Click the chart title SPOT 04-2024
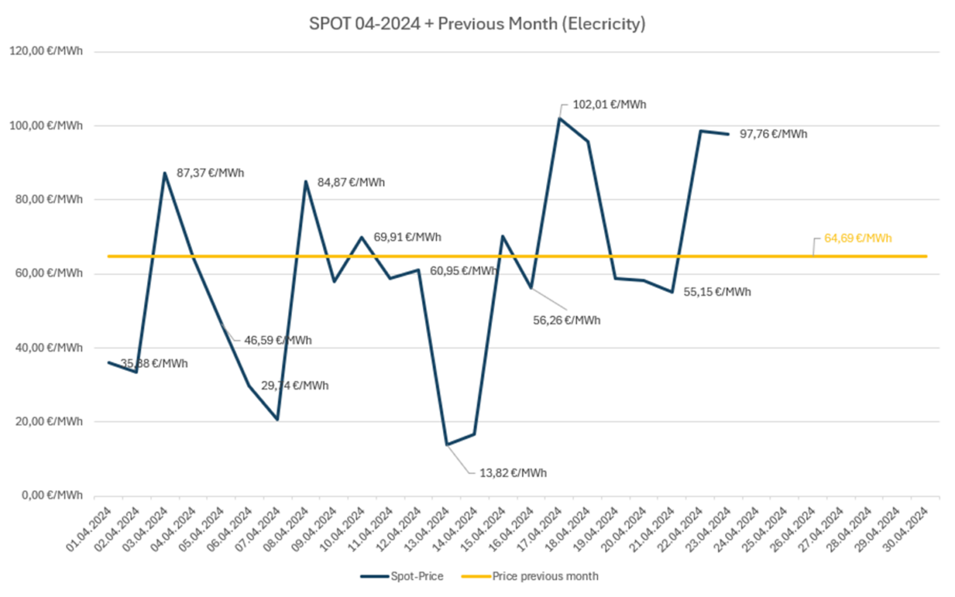(477, 24)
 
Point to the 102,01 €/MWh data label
(609, 104)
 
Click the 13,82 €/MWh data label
(512, 473)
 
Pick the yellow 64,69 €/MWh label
(857, 238)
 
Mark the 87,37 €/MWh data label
(210, 173)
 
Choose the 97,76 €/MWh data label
(773, 134)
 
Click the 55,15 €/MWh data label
(717, 292)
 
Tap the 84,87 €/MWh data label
(351, 183)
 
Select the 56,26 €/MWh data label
(566, 321)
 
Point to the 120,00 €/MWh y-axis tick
(46, 51)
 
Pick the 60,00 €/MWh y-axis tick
(46, 274)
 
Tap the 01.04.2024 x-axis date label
(90, 529)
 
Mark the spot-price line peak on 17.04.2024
(560, 118)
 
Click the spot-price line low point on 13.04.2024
(446, 445)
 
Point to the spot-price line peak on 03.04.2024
(164, 173)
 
